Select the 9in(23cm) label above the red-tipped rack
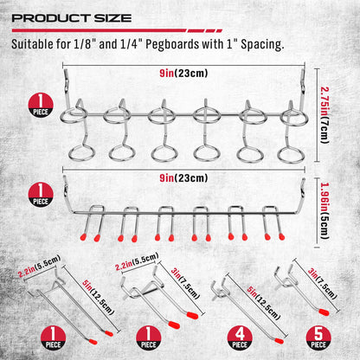point(181,178)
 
